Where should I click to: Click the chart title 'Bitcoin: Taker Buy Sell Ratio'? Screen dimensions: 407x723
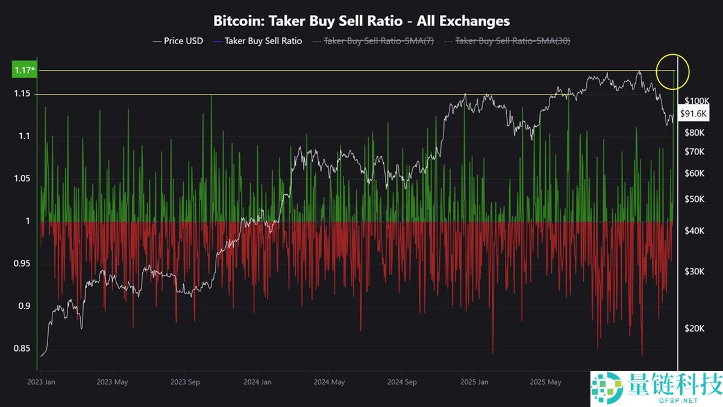point(361,21)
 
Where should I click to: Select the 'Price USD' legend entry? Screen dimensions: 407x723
point(178,41)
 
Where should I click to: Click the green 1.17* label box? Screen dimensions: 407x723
point(24,71)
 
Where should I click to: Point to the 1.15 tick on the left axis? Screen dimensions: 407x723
point(23,95)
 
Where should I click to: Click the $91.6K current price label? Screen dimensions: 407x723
point(693,113)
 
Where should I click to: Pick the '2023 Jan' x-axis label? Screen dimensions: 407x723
point(42,382)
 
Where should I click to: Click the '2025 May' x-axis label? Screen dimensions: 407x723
point(545,382)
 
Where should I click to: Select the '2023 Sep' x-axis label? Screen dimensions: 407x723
point(185,382)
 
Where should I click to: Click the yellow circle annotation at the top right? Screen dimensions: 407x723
point(672,71)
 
